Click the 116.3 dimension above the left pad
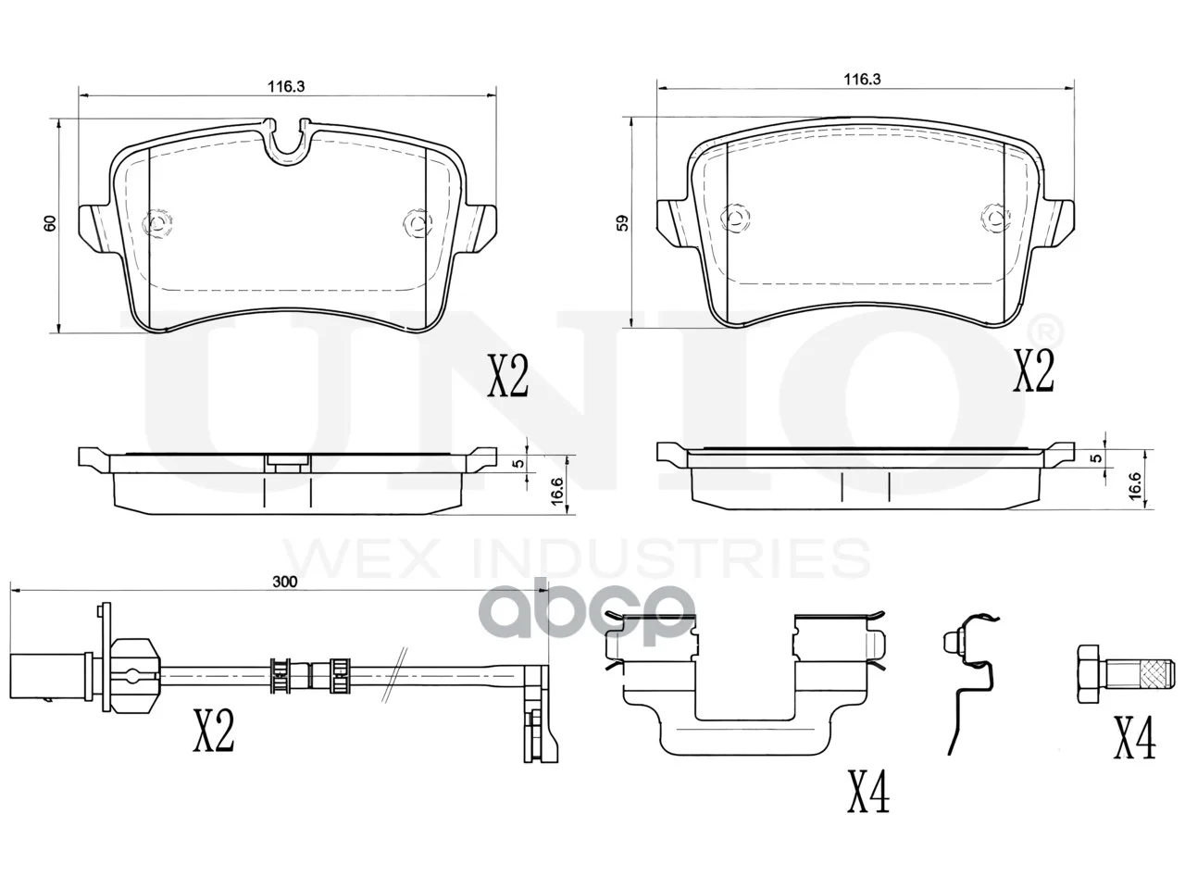click(286, 86)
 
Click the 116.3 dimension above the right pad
click(862, 80)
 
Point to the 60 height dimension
click(50, 223)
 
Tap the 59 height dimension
click(623, 223)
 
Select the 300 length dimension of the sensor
click(284, 582)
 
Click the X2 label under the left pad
click(507, 376)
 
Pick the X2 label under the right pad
click(1033, 370)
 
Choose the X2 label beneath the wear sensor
click(214, 731)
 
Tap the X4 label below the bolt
click(1135, 737)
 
